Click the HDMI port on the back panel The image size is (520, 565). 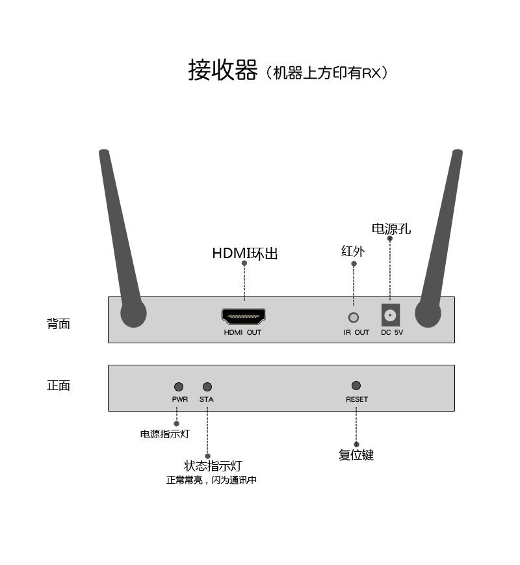(244, 317)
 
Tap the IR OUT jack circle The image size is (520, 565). (354, 318)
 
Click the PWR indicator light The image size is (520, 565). (179, 387)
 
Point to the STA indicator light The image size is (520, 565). (207, 387)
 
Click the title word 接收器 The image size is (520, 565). (223, 70)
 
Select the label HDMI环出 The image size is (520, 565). (245, 253)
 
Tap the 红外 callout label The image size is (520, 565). (353, 251)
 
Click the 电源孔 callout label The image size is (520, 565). (391, 229)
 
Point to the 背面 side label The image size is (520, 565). (58, 324)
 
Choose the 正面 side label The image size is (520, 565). (58, 386)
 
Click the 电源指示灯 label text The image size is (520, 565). (165, 434)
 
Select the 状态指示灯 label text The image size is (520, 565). (213, 466)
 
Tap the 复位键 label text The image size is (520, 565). (356, 455)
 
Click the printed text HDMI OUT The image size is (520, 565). (243, 333)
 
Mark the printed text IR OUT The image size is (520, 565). (356, 333)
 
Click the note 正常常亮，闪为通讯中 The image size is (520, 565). (211, 480)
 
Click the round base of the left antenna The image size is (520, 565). (133, 314)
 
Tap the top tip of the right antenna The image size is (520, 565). (458, 153)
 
